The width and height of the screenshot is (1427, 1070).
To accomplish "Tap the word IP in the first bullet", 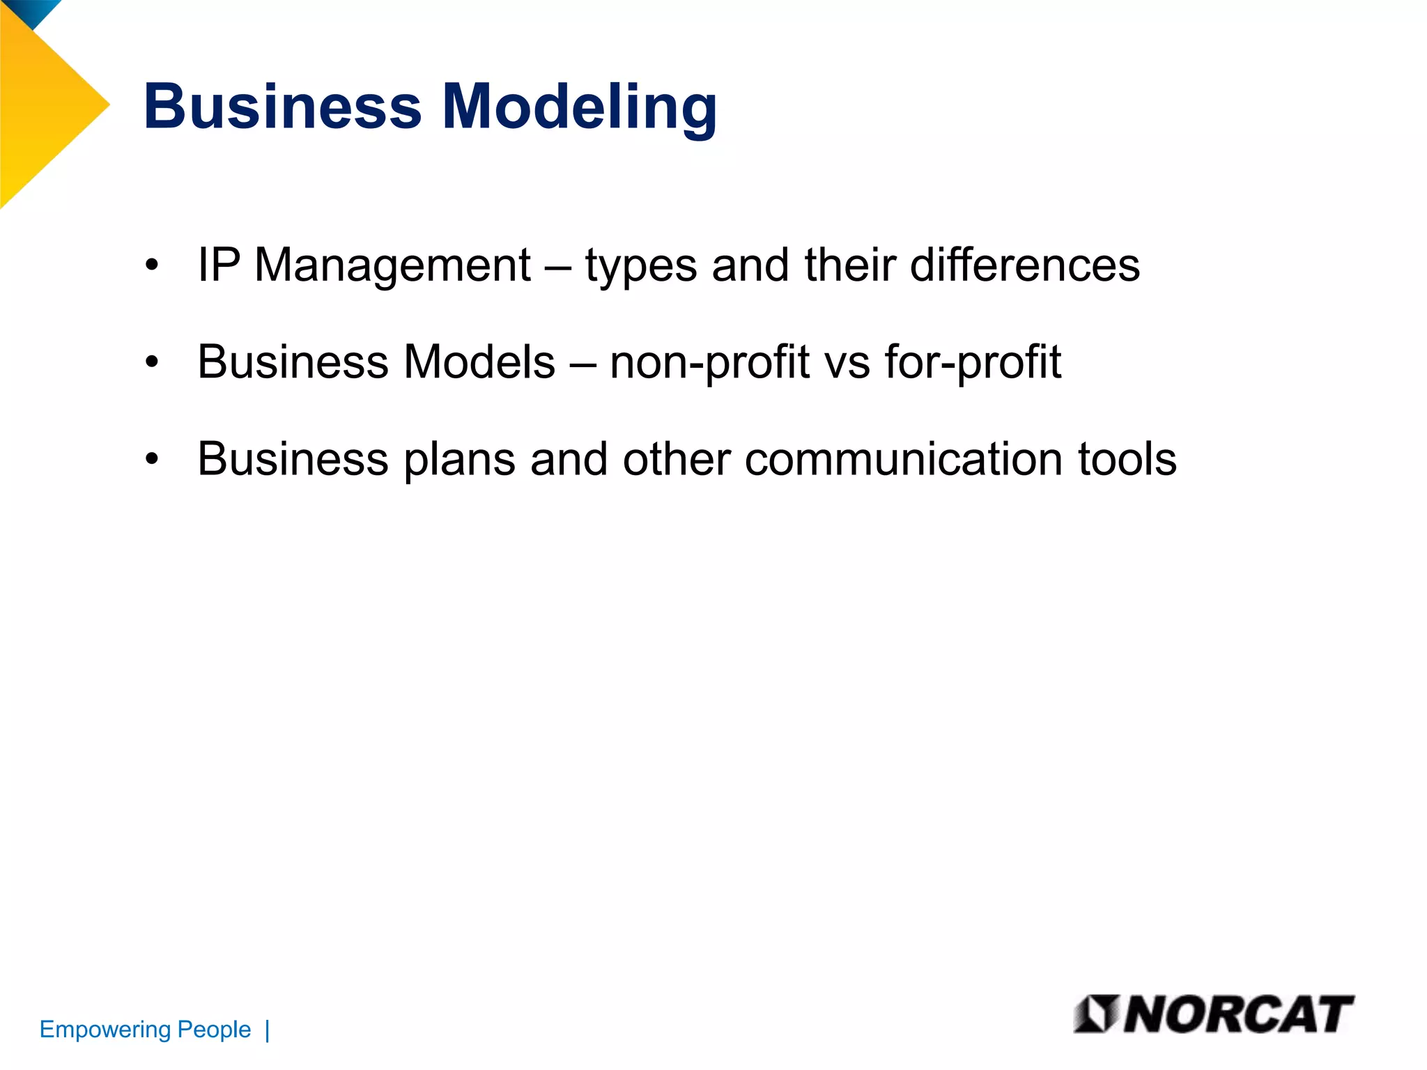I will [x=219, y=265].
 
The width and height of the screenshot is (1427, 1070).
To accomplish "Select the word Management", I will [x=392, y=266].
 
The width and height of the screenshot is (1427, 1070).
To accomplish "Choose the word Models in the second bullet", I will [x=479, y=362].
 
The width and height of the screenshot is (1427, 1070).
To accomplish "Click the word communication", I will [x=902, y=460].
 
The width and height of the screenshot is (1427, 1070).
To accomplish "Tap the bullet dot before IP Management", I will [x=152, y=266].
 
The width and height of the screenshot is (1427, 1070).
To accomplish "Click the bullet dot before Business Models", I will [x=152, y=363].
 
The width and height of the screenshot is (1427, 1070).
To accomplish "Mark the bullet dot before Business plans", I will [x=152, y=460].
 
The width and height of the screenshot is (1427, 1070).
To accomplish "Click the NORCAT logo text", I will [x=1237, y=1014].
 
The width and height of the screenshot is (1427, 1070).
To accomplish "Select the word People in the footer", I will [x=214, y=1030].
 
